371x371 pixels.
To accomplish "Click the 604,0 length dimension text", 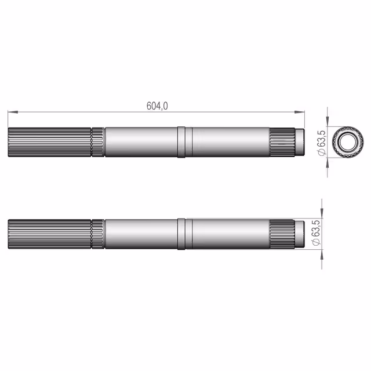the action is click(x=157, y=106).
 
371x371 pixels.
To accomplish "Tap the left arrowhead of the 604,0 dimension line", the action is click(x=13, y=112).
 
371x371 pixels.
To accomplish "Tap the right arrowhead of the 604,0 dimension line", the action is click(x=300, y=112).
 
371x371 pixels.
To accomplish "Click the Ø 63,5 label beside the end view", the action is click(x=322, y=143).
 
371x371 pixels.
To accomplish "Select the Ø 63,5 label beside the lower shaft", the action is click(x=316, y=233).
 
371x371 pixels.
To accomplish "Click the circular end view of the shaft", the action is click(x=348, y=141).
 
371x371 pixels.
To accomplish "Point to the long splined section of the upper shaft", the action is click(x=49, y=142).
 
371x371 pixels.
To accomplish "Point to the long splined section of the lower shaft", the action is click(x=49, y=234).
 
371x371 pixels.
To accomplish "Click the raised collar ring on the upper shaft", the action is click(x=181, y=142).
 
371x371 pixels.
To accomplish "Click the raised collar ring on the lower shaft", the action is click(x=181, y=234).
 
